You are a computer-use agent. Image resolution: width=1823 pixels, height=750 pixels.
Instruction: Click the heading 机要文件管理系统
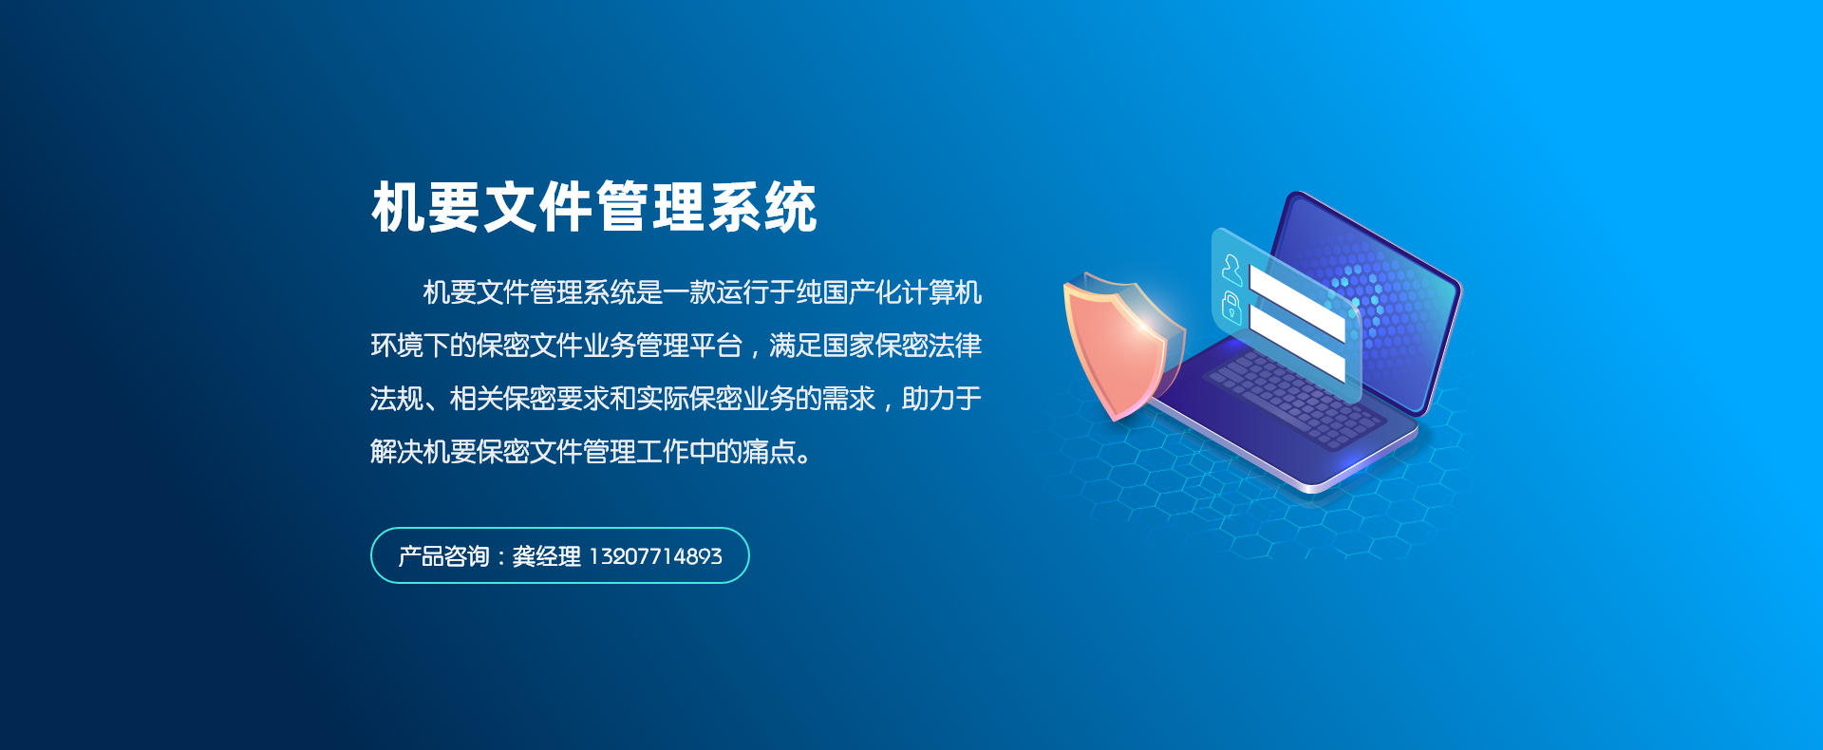click(x=594, y=207)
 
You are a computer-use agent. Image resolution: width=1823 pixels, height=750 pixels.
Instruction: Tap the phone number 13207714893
click(x=656, y=556)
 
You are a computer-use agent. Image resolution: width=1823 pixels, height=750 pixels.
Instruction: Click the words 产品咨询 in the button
click(x=443, y=556)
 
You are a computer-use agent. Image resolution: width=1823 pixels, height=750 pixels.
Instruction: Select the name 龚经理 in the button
click(x=546, y=556)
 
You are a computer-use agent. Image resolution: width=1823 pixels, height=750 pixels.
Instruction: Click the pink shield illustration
click(x=1120, y=347)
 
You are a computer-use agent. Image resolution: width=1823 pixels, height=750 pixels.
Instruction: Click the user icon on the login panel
click(x=1231, y=270)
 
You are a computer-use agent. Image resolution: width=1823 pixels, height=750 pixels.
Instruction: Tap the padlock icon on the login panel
click(x=1231, y=308)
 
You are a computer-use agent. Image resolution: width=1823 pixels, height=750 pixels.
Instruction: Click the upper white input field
click(x=1297, y=303)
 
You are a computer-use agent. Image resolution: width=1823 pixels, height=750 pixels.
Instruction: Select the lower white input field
click(x=1297, y=343)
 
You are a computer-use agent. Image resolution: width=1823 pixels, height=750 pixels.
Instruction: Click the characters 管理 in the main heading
click(x=650, y=207)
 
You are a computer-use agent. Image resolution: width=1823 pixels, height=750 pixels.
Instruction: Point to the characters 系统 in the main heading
click(x=762, y=207)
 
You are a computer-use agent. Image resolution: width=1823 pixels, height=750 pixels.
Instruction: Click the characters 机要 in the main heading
click(x=426, y=207)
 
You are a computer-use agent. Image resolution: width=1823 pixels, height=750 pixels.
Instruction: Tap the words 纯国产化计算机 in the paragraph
click(x=889, y=292)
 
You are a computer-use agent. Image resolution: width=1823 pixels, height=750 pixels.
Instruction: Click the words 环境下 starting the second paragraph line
click(x=410, y=346)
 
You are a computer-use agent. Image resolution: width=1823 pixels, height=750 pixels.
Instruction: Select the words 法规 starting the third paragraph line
click(x=397, y=399)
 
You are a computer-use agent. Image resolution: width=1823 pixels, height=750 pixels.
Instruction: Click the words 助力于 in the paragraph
click(x=942, y=399)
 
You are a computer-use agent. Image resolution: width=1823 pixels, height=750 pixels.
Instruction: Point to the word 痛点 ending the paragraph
click(x=769, y=452)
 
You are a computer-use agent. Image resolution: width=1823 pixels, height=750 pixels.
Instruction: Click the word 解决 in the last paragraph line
click(x=397, y=452)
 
